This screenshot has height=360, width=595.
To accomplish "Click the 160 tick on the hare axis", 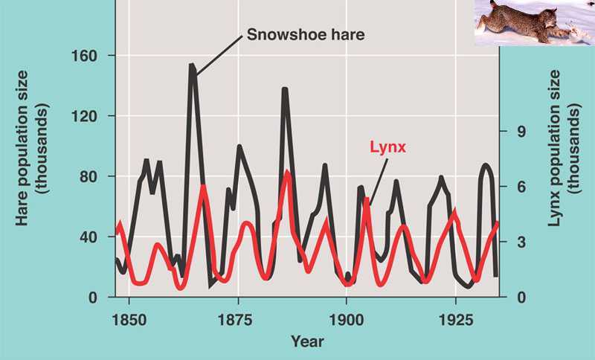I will pos(91,56).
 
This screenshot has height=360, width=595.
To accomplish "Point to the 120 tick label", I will pos(91,116).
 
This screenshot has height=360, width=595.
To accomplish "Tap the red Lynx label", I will pos(387,147).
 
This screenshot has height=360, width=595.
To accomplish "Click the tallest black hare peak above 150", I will pos(192,66).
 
